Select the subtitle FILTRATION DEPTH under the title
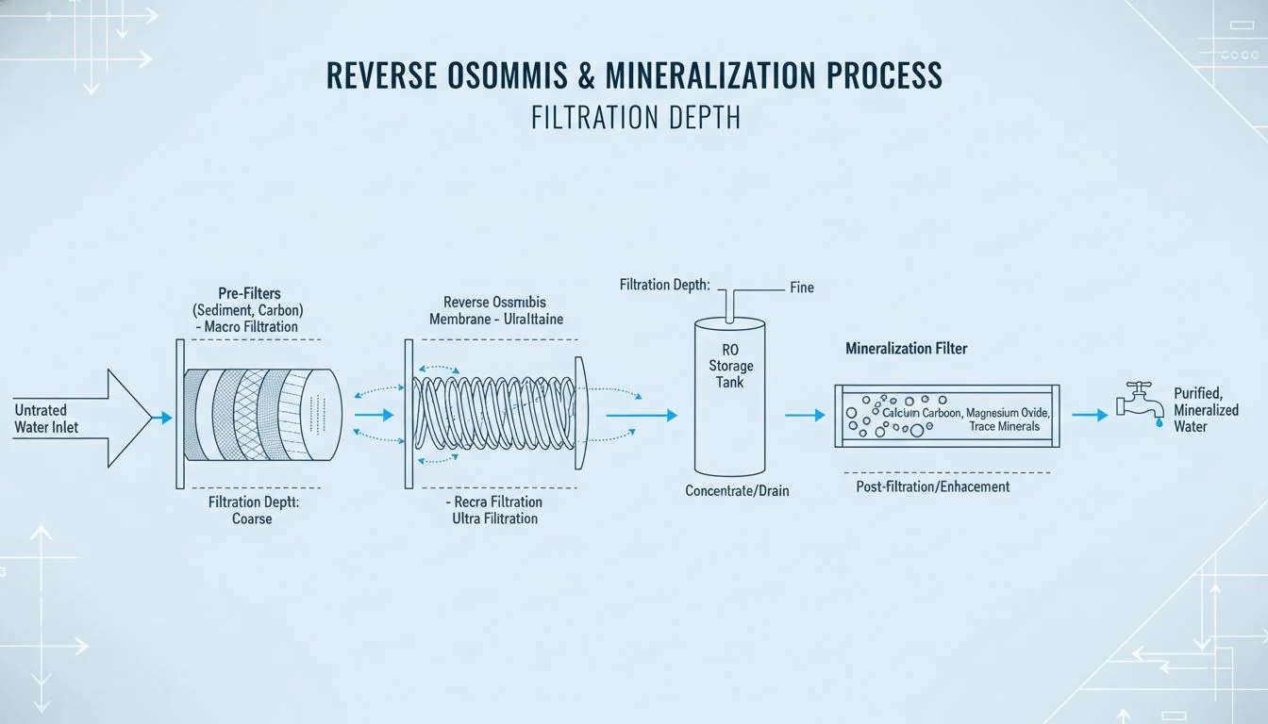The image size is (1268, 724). pos(635,119)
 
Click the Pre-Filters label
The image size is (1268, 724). pos(249,293)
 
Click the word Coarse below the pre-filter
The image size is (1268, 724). pos(253,518)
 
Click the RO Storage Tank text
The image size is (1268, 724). pos(731,367)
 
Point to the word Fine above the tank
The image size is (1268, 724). pos(802,287)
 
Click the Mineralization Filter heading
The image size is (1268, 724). pos(907,349)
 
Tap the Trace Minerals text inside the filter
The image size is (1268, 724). pos(1004,427)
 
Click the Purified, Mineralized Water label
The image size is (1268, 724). pos(1206,410)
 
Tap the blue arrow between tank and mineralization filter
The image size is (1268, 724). pos(805,415)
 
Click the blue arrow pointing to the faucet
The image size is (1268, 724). pos(1091,415)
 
